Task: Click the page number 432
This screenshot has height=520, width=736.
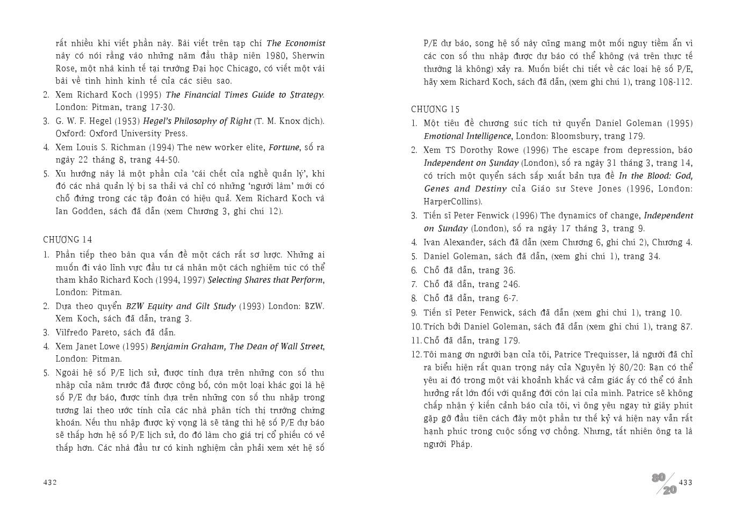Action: click(x=50, y=482)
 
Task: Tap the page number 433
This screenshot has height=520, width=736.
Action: click(x=686, y=482)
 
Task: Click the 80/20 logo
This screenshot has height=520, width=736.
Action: click(x=664, y=484)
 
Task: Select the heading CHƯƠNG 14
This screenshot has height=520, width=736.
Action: click(x=68, y=239)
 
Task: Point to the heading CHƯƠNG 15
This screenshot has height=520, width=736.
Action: click(x=436, y=109)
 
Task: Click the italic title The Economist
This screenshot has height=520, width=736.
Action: click(x=295, y=43)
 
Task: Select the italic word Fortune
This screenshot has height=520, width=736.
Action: click(x=284, y=147)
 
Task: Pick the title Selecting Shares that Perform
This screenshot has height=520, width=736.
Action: click(x=265, y=280)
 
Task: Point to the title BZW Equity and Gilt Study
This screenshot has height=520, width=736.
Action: click(x=181, y=306)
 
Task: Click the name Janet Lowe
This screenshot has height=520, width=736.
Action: click(x=97, y=346)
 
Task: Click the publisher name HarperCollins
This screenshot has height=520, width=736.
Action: click(x=452, y=202)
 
